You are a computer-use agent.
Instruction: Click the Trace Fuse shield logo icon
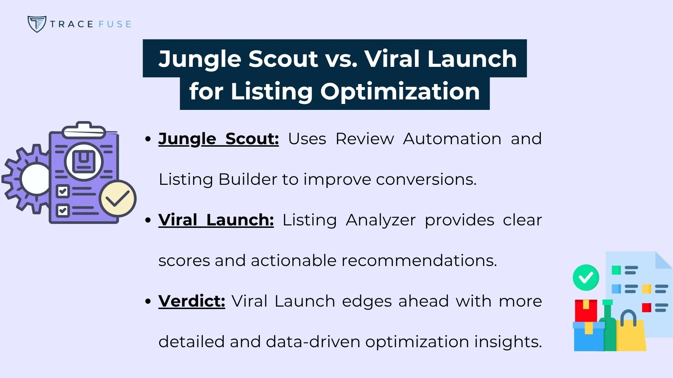[x=36, y=24]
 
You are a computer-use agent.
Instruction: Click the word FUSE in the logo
[x=115, y=24]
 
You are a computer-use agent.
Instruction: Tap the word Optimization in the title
[x=400, y=92]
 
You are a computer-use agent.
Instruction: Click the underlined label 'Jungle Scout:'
[x=218, y=139]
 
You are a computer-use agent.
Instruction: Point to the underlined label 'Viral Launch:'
[x=216, y=220]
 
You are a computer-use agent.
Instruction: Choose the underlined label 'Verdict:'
[x=191, y=301]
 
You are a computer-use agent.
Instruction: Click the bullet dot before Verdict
[x=148, y=301]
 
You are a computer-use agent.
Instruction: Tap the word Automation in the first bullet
[x=452, y=139]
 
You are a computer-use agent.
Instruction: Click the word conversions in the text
[x=426, y=180]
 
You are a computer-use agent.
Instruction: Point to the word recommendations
[x=419, y=261]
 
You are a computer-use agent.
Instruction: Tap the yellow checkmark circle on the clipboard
[x=118, y=198]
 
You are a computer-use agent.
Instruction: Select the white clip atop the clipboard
[x=84, y=131]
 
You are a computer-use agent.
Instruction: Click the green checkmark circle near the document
[x=586, y=278]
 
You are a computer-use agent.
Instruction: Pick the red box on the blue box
[x=585, y=310]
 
